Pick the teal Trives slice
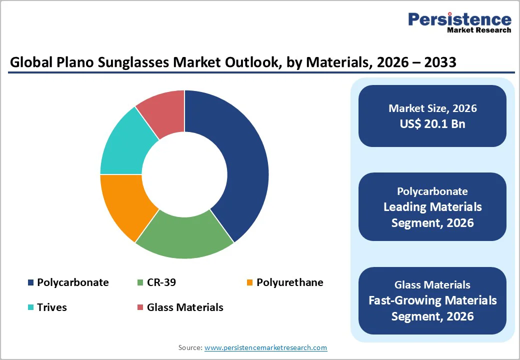(122, 145)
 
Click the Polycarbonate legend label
(72, 282)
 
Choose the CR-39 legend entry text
(161, 282)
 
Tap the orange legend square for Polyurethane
(249, 283)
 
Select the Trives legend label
(51, 307)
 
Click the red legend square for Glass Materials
(140, 307)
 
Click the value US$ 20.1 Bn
(432, 124)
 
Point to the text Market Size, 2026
(432, 108)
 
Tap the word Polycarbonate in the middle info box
(432, 191)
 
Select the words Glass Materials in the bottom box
(432, 285)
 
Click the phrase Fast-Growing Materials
(432, 300)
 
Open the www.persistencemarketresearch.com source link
(265, 347)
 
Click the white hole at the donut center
(184, 174)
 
